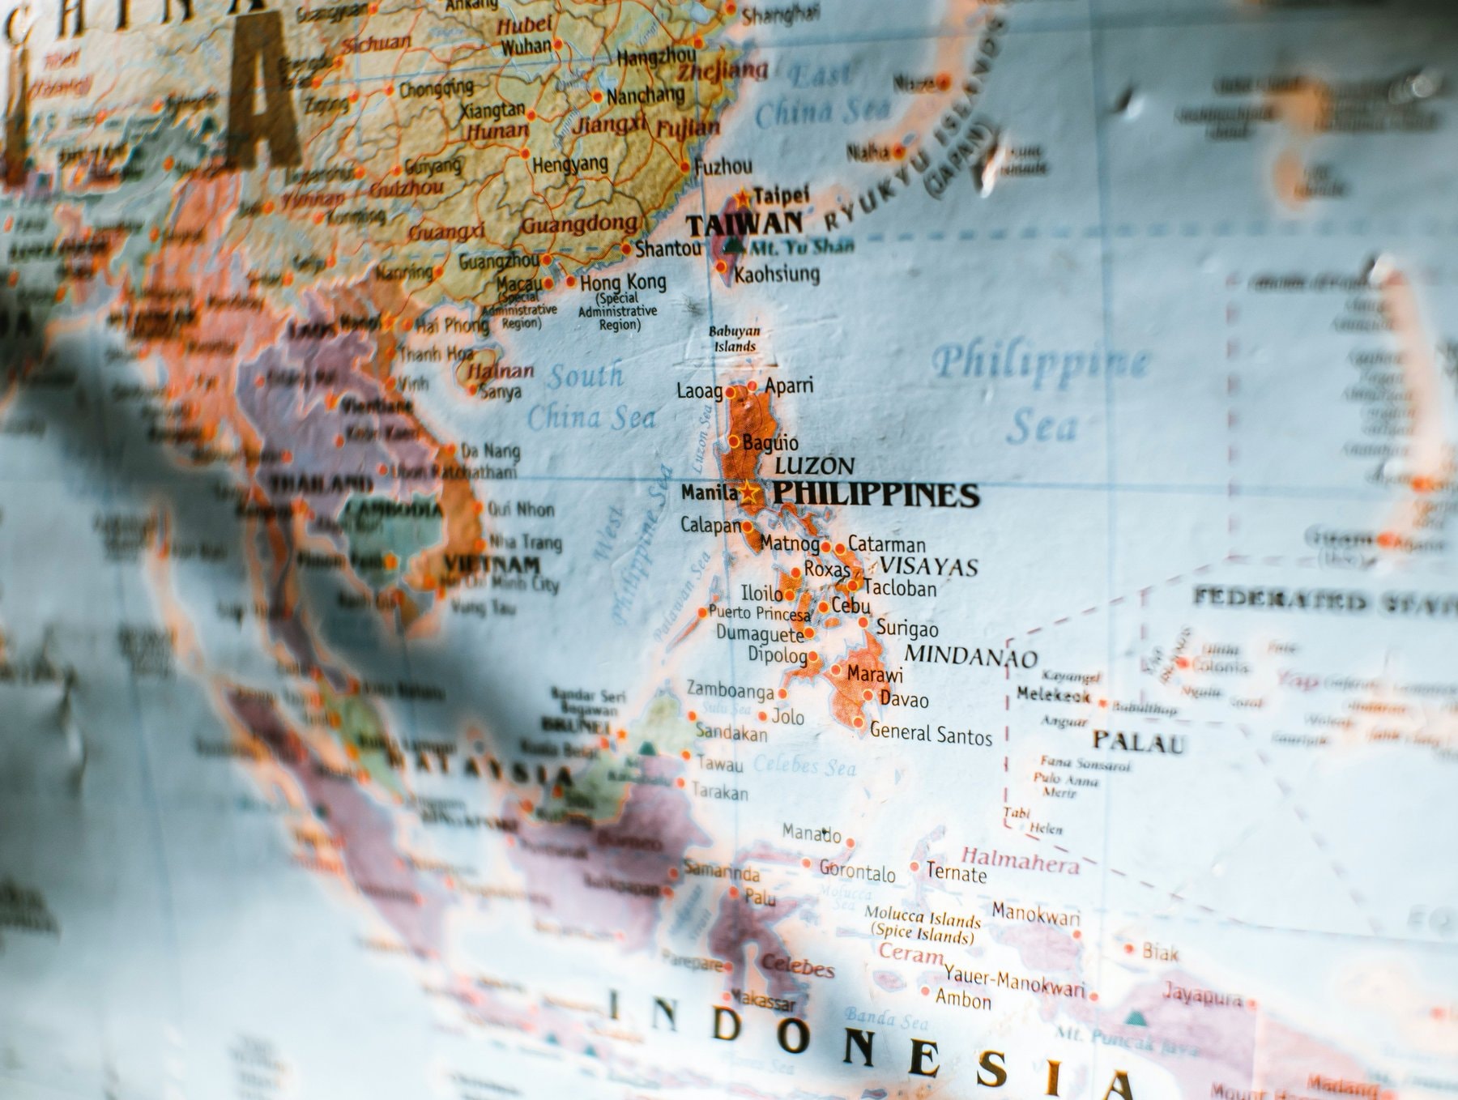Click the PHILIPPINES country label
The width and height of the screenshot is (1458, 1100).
pyautogui.click(x=876, y=493)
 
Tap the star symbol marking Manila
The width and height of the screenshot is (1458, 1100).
pyautogui.click(x=749, y=492)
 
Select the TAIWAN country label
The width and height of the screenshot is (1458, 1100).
pyautogui.click(x=744, y=224)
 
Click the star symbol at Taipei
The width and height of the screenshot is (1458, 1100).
pyautogui.click(x=743, y=197)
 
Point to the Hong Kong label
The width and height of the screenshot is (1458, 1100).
pyautogui.click(x=623, y=283)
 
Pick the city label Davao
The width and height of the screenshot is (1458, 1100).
pyautogui.click(x=904, y=699)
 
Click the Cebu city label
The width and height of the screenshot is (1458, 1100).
pyautogui.click(x=850, y=606)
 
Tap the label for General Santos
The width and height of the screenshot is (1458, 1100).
pyautogui.click(x=931, y=734)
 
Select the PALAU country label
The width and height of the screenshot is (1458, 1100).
pyautogui.click(x=1138, y=741)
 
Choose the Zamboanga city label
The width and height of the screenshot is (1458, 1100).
pyautogui.click(x=730, y=690)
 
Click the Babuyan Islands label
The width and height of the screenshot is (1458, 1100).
pyautogui.click(x=735, y=339)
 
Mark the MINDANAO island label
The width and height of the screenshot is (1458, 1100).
pyautogui.click(x=970, y=655)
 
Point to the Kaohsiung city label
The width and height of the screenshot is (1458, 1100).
pyautogui.click(x=777, y=275)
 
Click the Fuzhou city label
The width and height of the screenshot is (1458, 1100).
pyautogui.click(x=723, y=167)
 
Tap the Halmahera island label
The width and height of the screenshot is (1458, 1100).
pyautogui.click(x=1020, y=860)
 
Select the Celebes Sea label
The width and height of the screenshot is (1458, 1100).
pyautogui.click(x=804, y=765)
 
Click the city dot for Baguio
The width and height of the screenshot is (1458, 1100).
pyautogui.click(x=734, y=441)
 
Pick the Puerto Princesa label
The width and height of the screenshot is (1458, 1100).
pyautogui.click(x=759, y=613)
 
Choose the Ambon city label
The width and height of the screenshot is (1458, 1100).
pyautogui.click(x=963, y=999)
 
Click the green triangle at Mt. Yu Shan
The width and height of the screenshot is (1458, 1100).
pyautogui.click(x=735, y=245)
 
